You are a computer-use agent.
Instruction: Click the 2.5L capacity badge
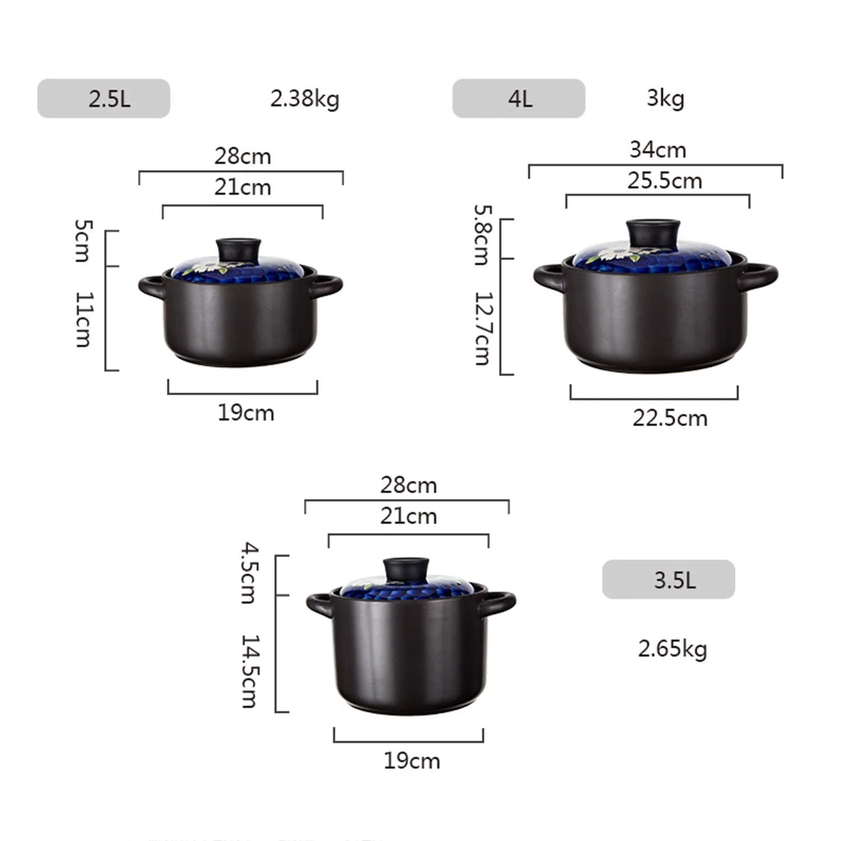[x=104, y=98]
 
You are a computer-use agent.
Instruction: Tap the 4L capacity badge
[x=519, y=98]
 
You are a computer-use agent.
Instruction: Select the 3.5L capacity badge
[x=668, y=579]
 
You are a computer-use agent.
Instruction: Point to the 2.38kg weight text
[x=304, y=99]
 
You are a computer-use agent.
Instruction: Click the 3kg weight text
[x=666, y=98]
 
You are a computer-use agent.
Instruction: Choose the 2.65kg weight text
[x=672, y=649]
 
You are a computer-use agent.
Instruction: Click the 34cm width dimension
[x=658, y=150]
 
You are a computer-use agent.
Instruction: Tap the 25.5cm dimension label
[x=664, y=181]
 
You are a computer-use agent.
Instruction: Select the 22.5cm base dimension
[x=670, y=418]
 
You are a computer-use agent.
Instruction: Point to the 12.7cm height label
[x=483, y=329]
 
